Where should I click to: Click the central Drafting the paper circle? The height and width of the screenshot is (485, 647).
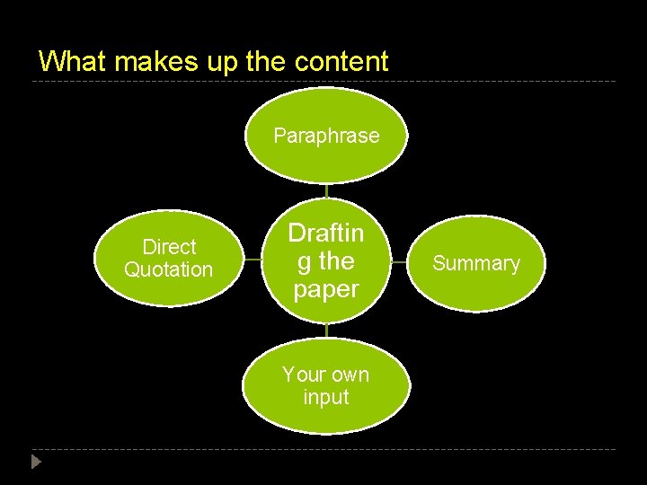326,260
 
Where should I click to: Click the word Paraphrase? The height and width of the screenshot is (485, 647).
326,136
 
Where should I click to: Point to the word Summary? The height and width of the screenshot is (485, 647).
476,263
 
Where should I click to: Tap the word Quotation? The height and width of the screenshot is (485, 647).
168,269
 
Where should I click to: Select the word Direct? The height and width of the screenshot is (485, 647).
168,247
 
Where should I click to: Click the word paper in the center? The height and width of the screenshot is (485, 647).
326,289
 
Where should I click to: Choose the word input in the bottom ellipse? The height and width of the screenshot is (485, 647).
326,397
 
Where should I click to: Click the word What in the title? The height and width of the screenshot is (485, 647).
72,61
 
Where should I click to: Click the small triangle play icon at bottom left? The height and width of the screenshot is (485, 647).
35,463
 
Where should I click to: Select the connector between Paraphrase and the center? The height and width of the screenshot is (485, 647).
326,190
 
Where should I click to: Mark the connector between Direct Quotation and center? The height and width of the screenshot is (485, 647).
253,260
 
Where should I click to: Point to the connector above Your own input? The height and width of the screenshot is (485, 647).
326,331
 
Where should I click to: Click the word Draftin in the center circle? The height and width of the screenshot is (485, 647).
326,234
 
